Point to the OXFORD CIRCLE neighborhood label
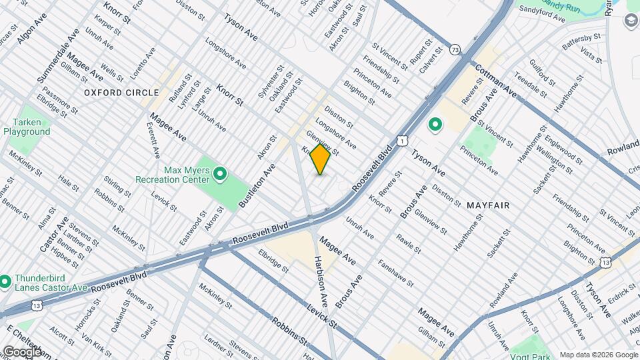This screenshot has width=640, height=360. (x=122, y=93)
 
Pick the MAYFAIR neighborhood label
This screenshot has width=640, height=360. (x=489, y=205)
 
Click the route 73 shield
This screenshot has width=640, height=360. (x=455, y=50)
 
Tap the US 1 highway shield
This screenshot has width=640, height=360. (x=401, y=139)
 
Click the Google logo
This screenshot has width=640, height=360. (x=22, y=351)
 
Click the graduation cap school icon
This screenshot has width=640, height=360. (x=631, y=21)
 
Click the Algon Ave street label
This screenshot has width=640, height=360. (x=30, y=32)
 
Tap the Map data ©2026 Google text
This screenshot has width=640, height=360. (x=597, y=355)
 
